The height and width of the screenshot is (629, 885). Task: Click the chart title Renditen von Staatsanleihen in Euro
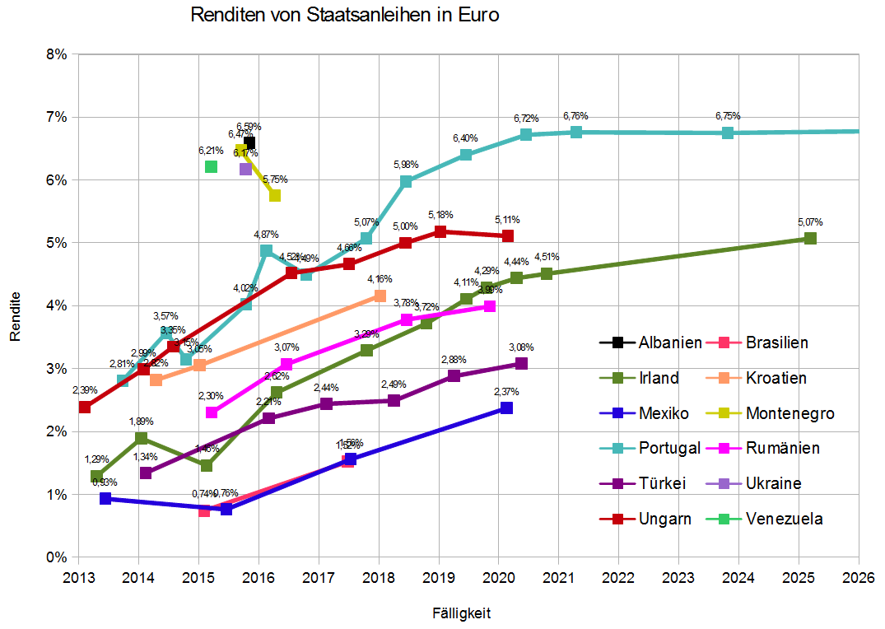pos(345,15)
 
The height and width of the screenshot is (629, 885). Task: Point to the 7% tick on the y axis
pos(59,117)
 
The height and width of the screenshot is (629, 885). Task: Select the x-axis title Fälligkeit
pos(462,613)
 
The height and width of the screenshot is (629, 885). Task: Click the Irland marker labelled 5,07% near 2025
pos(810,238)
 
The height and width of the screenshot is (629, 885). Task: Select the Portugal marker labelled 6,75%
pos(728,133)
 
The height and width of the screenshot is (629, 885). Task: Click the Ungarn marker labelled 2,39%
pos(84,407)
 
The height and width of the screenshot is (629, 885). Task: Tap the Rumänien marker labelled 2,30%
pos(212,412)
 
